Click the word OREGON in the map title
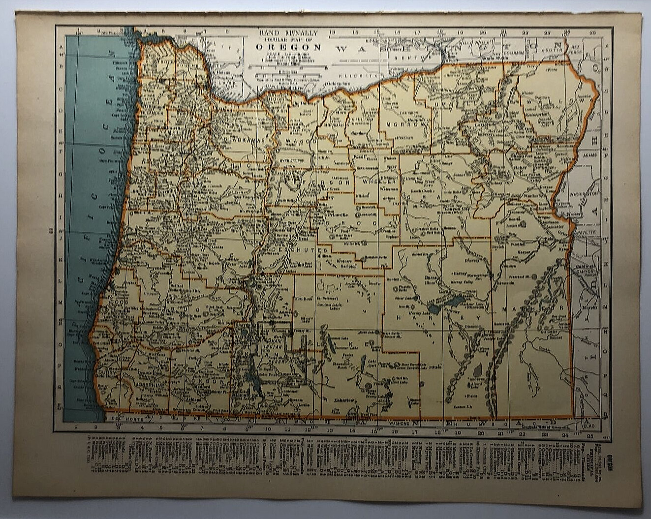(288, 48)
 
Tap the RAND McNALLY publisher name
(289, 33)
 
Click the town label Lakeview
(344, 400)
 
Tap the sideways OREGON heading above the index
(610, 462)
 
